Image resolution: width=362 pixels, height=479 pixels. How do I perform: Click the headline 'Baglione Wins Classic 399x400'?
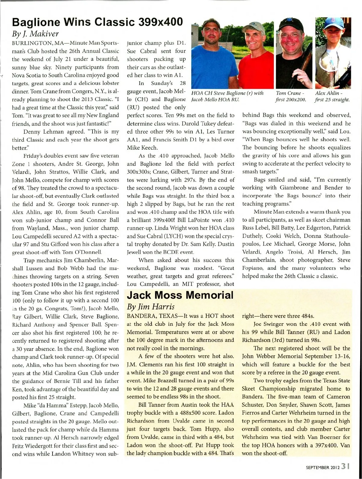point(97,22)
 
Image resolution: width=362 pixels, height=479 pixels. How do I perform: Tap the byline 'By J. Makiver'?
point(35,34)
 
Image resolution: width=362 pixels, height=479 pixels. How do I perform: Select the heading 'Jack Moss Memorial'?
point(180,295)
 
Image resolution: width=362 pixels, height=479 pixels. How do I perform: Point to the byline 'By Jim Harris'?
point(151,306)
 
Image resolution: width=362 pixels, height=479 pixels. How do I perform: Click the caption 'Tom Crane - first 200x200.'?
point(291,96)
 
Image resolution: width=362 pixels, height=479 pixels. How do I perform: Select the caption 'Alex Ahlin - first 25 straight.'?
point(332,96)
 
